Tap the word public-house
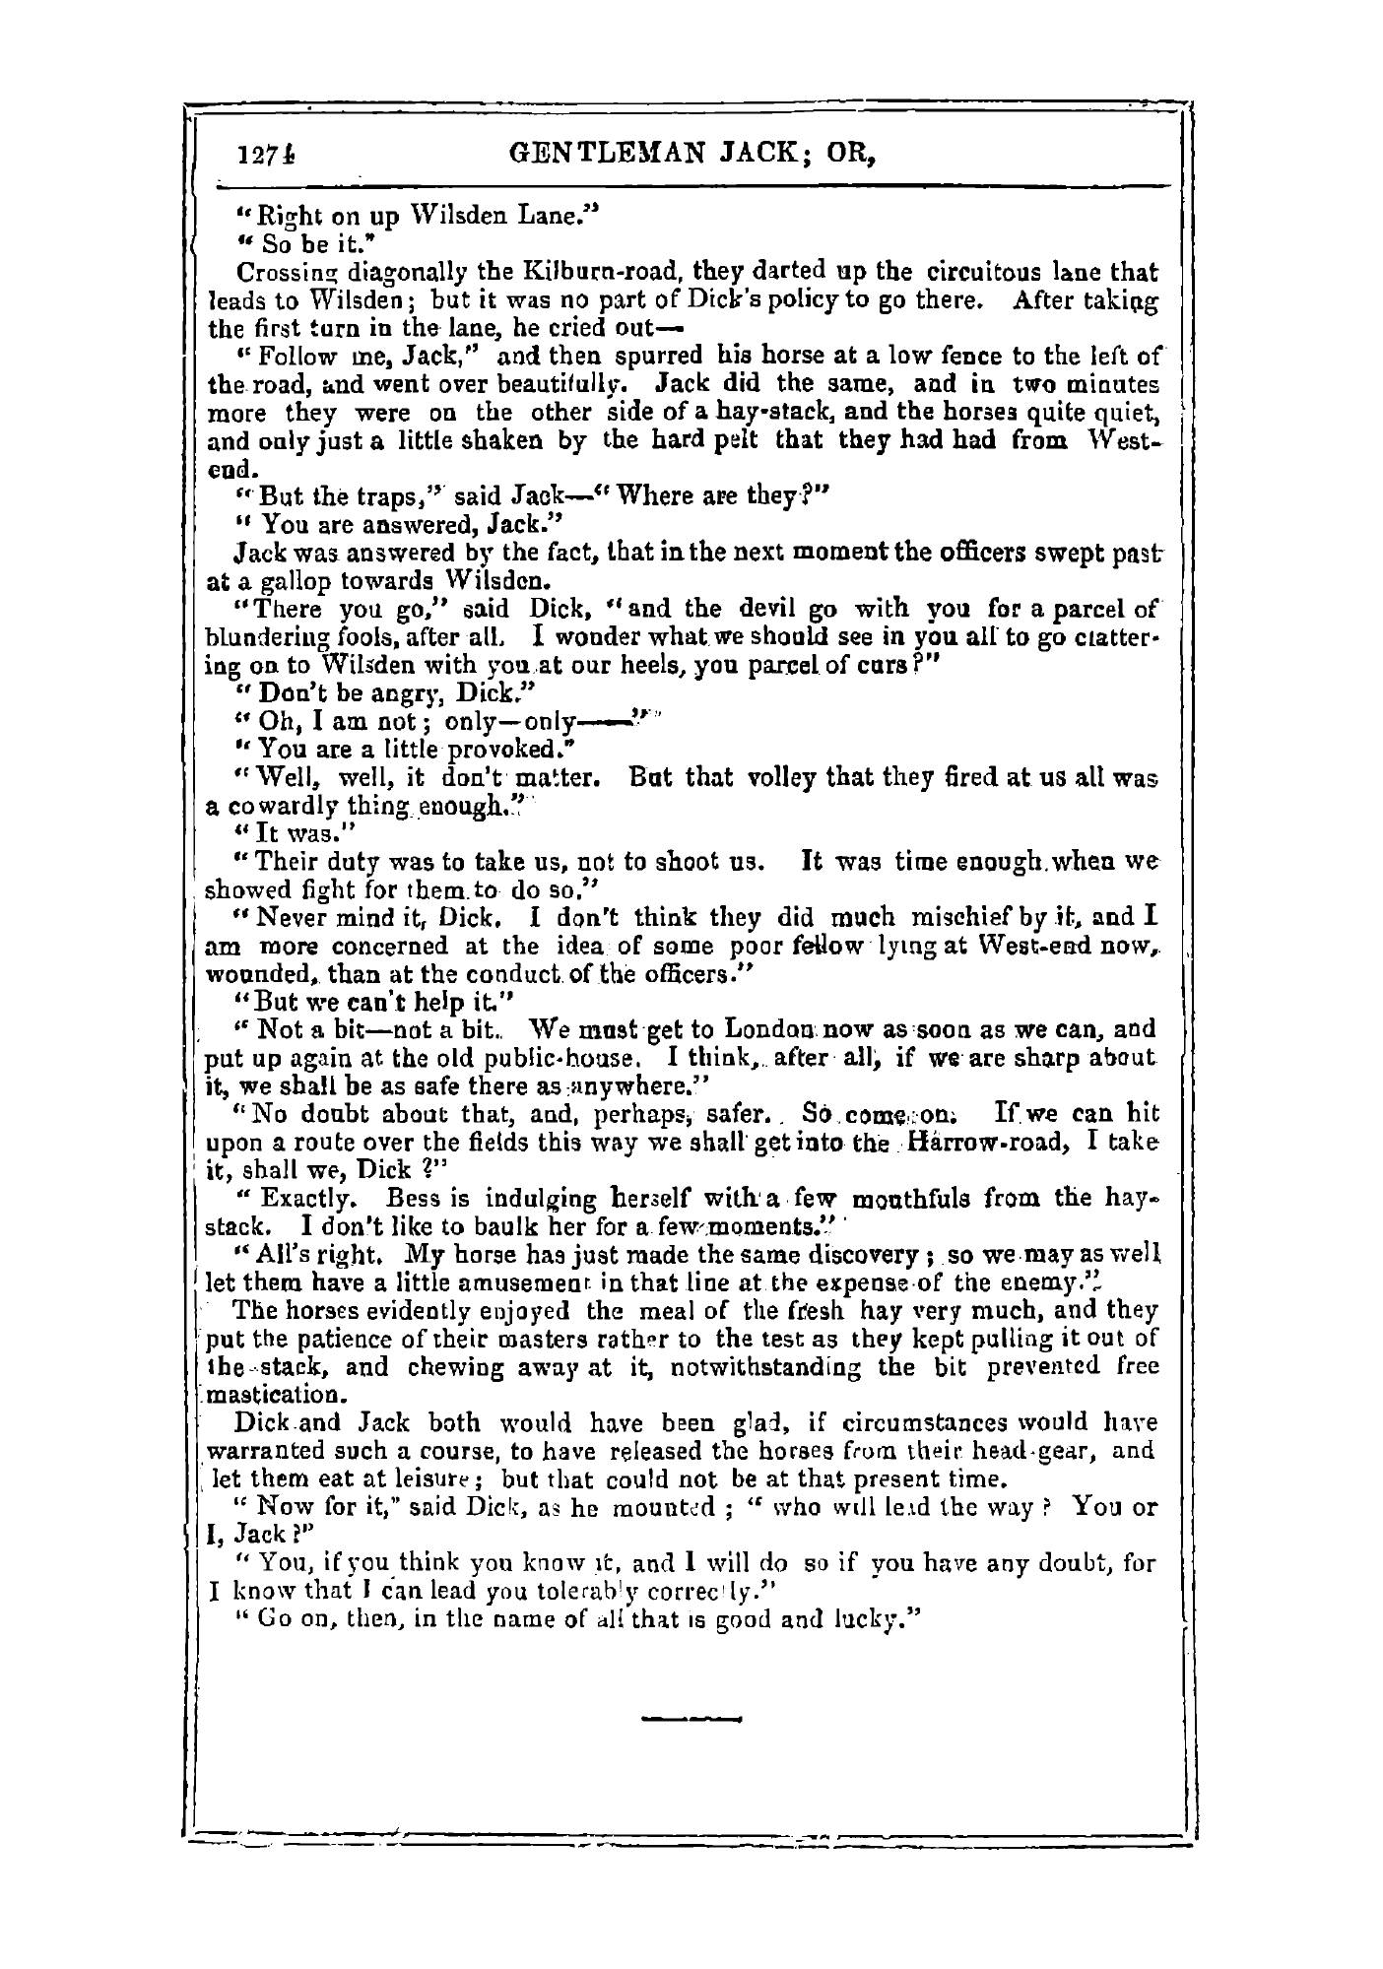point(572,1060)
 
